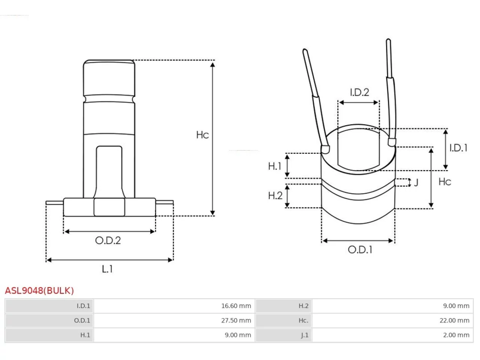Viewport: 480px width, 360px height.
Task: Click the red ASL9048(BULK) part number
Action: point(39,291)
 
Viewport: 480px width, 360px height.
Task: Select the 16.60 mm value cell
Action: point(174,306)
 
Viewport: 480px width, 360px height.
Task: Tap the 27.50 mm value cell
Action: point(174,320)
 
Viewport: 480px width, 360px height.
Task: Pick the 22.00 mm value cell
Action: point(393,320)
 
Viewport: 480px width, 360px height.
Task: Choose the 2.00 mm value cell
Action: point(393,335)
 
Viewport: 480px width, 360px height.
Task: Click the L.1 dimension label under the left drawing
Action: point(107,269)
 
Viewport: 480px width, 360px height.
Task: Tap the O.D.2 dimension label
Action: point(108,240)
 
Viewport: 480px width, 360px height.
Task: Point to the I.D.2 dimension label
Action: point(360,92)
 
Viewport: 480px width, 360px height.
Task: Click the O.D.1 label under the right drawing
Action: point(360,250)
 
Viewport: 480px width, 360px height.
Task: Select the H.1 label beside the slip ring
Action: point(274,166)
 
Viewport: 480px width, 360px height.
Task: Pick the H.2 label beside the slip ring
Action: point(275,195)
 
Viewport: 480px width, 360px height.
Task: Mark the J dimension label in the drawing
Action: point(416,182)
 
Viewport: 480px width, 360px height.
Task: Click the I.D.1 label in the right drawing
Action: point(459,148)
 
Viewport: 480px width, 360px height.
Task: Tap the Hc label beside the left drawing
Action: point(202,135)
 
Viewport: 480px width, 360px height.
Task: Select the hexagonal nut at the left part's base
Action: point(109,207)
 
